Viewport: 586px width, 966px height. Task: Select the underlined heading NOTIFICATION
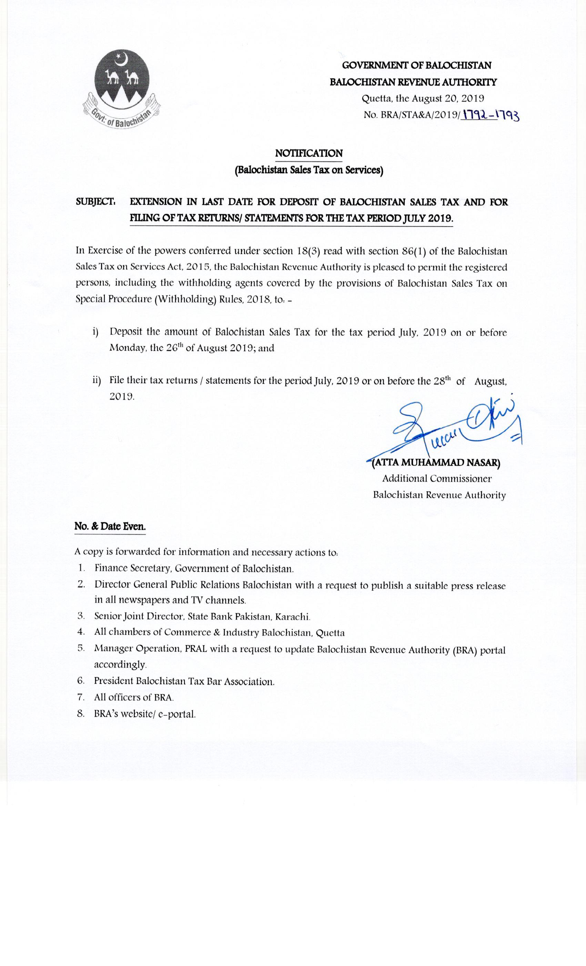tap(309, 153)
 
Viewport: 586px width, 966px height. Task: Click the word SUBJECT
tap(95, 202)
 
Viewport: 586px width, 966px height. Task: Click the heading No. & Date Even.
tap(110, 526)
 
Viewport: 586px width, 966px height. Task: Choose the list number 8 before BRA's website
tap(81, 713)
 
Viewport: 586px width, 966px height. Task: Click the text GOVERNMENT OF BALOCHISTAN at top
tap(416, 65)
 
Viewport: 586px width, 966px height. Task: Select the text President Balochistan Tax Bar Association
tap(184, 681)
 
